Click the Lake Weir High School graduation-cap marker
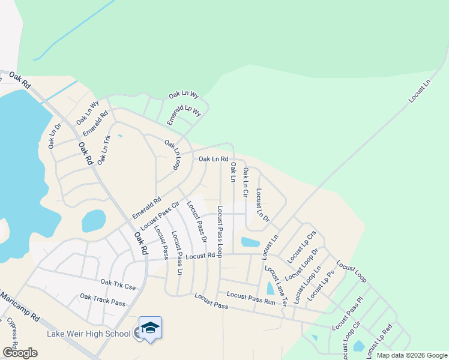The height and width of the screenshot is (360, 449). pos(150,328)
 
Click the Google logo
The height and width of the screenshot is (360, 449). pos(20,352)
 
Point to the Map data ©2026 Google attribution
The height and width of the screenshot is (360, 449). pos(411,355)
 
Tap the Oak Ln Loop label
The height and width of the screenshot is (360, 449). pos(173,154)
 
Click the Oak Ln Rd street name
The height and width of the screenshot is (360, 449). pos(213,159)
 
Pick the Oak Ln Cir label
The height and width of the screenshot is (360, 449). pos(245,182)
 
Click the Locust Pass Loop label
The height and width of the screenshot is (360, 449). pos(220,231)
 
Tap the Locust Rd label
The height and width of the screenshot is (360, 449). pos(200,256)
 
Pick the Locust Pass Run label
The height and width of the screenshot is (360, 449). pos(251,298)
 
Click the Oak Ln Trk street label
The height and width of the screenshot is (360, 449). pos(104,150)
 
